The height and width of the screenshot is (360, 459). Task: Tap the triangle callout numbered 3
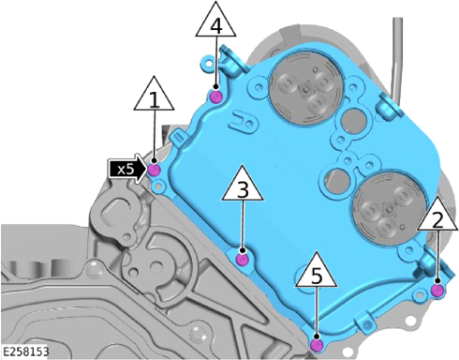click(243, 184)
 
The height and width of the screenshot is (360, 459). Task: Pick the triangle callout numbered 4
click(215, 20)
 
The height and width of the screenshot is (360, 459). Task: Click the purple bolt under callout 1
click(154, 171)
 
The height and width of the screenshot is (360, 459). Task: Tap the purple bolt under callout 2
click(437, 291)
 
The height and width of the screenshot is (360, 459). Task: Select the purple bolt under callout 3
click(242, 260)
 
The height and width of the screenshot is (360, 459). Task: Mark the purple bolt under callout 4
click(215, 97)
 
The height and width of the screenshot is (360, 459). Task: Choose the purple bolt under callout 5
click(317, 345)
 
